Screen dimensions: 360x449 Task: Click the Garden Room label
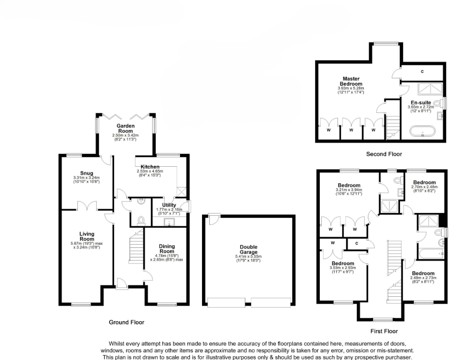125,128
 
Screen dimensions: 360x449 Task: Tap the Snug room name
86,173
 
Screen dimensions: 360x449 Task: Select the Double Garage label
249,249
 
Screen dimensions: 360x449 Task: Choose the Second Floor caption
384,154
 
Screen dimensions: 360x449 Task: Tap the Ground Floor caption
126,322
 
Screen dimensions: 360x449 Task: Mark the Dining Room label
167,249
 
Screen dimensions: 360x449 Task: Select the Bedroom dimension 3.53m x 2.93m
343,269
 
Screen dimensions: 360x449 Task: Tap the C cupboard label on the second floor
422,71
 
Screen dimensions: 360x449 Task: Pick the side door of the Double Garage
212,219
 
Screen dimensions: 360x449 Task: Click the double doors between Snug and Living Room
87,207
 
